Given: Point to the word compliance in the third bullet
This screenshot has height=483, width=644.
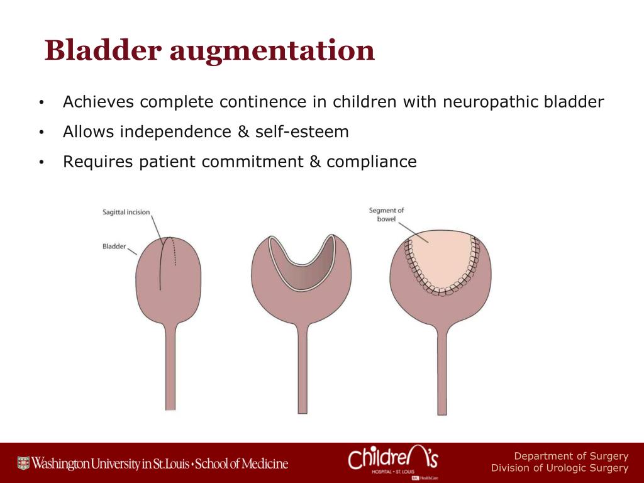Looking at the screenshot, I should (x=371, y=162).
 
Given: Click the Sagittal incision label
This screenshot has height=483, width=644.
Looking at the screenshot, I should (x=126, y=213).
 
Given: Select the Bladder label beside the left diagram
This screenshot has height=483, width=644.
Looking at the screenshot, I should (x=114, y=247).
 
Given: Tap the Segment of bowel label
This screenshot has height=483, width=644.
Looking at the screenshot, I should (x=386, y=215).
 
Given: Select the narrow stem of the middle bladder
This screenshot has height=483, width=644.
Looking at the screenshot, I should (x=303, y=371).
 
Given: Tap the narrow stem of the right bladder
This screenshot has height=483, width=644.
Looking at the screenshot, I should (x=441, y=371).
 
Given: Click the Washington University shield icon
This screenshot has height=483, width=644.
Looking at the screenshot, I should (x=23, y=464).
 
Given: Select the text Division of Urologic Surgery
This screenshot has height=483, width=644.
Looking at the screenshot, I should (x=559, y=468).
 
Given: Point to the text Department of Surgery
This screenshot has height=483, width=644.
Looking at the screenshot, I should (x=570, y=456).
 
